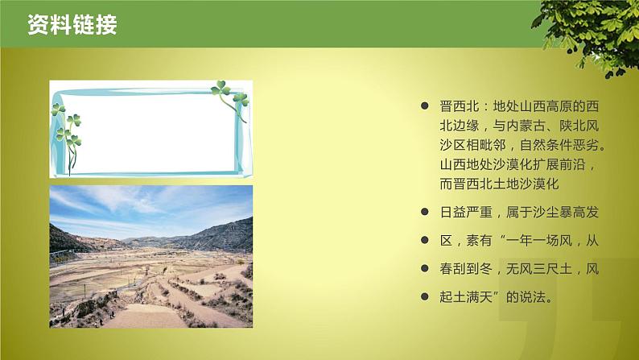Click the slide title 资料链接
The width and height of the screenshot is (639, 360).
[72, 25]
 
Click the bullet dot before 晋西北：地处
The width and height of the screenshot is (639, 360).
[425, 107]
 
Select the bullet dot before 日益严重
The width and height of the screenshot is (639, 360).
[425, 213]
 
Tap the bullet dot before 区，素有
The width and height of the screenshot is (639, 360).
[425, 241]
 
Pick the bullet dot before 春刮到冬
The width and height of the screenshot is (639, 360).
[425, 269]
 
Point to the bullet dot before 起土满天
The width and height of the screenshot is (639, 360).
[425, 297]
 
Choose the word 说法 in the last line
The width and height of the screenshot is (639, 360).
[533, 297]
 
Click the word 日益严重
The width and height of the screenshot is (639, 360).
[467, 213]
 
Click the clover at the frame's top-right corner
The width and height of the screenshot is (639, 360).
[230, 96]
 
